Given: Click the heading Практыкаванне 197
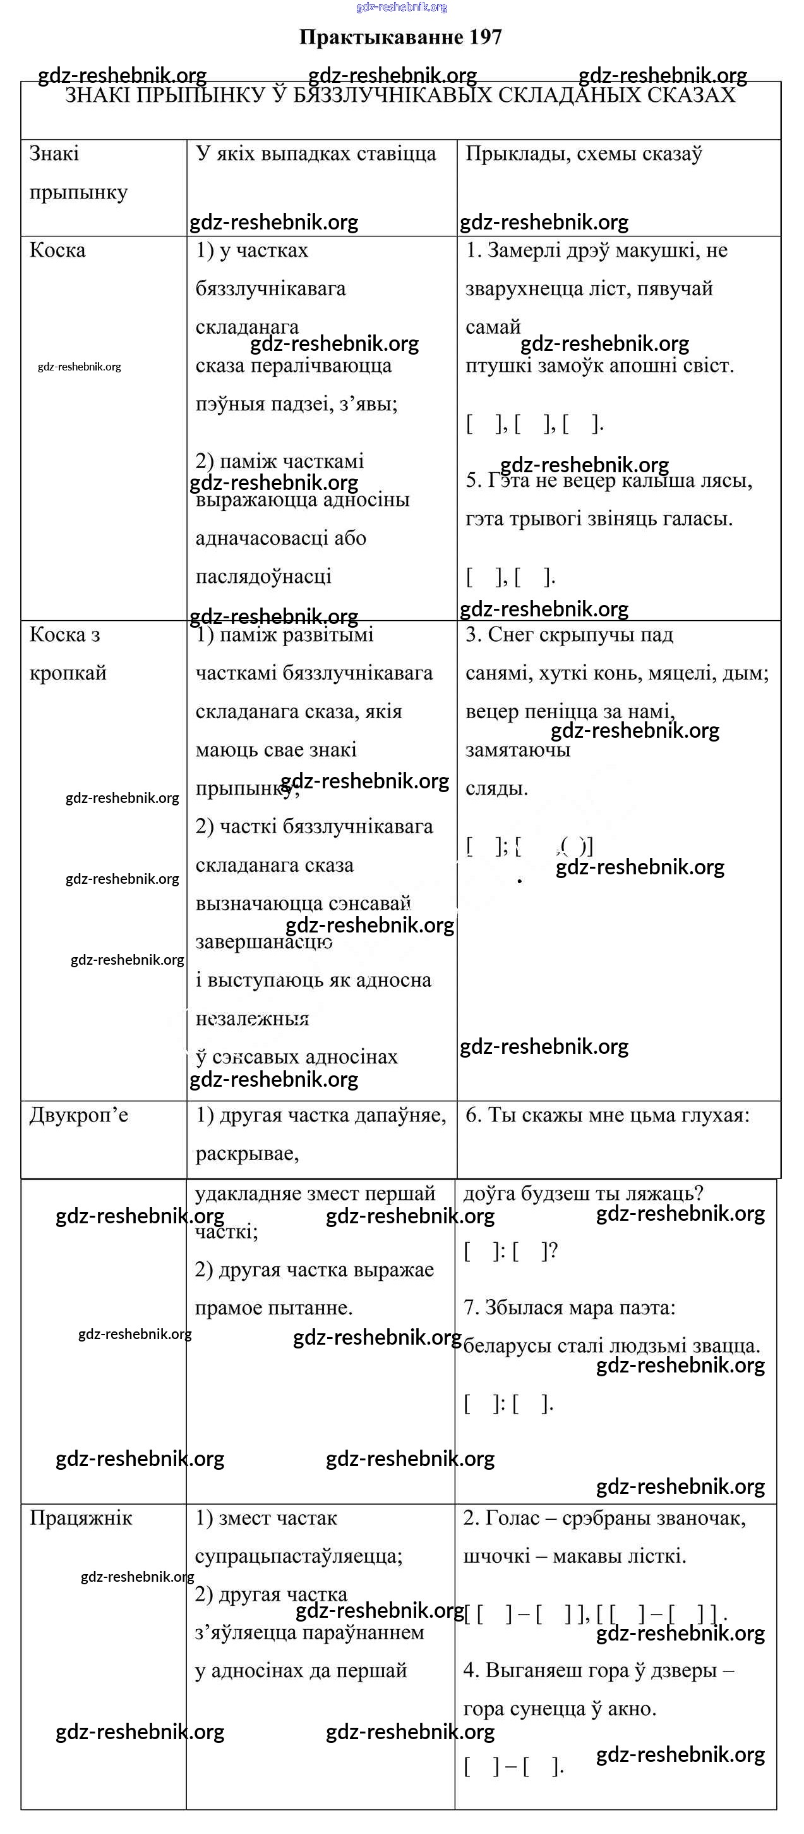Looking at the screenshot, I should (400, 37).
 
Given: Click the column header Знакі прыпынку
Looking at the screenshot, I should (78, 173).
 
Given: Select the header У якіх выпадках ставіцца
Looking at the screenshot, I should (316, 154).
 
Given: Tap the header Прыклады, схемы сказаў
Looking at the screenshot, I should (584, 154).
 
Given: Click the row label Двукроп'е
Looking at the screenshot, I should (79, 1115).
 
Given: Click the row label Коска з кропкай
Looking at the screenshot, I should (68, 654).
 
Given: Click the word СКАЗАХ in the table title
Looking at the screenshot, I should (692, 95).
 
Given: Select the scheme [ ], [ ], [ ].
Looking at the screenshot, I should (534, 424).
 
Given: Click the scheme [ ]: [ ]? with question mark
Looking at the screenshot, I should (510, 1251).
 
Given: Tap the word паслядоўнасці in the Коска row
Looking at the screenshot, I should (263, 577).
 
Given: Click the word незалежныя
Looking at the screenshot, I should (252, 1019).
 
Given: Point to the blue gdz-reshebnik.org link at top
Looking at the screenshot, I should (401, 7).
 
